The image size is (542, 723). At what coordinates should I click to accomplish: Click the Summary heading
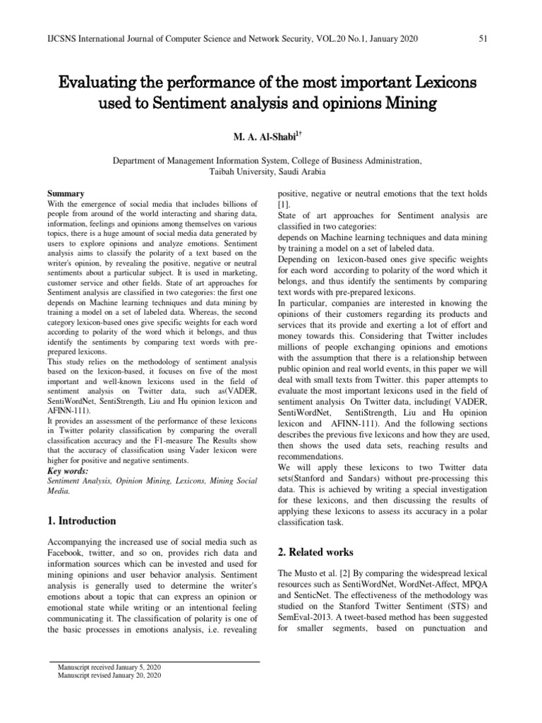(x=66, y=193)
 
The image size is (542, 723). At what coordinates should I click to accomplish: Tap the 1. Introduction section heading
(x=81, y=521)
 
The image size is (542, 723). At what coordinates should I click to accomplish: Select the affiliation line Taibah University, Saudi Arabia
(x=267, y=172)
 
